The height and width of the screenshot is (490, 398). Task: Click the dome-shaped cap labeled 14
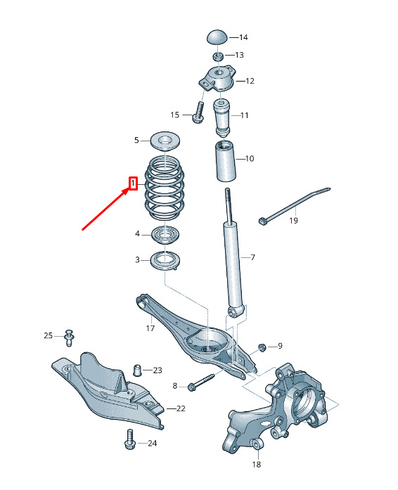(x=217, y=37)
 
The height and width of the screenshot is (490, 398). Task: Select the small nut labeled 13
(x=217, y=56)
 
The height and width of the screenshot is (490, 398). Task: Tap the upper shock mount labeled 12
(x=217, y=79)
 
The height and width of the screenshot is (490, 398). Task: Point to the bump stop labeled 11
(x=222, y=117)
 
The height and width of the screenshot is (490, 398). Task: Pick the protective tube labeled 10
(x=225, y=161)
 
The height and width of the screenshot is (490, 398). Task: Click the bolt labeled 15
(x=198, y=112)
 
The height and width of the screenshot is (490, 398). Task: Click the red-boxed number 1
(x=134, y=183)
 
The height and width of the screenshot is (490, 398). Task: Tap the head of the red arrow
(x=127, y=191)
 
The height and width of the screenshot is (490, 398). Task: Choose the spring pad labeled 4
(x=165, y=235)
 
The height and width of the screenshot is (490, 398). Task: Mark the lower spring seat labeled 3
(x=165, y=261)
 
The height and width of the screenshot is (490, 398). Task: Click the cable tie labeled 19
(x=295, y=205)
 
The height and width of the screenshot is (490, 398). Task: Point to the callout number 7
(x=252, y=257)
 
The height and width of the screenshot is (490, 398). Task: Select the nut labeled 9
(x=262, y=347)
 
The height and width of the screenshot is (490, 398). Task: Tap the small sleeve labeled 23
(x=138, y=370)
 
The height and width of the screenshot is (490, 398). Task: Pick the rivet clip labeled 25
(x=69, y=337)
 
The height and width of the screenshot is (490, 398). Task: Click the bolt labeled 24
(x=130, y=439)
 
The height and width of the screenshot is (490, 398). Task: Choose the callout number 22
(x=181, y=408)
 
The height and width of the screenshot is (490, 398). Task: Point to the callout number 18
(x=257, y=464)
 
